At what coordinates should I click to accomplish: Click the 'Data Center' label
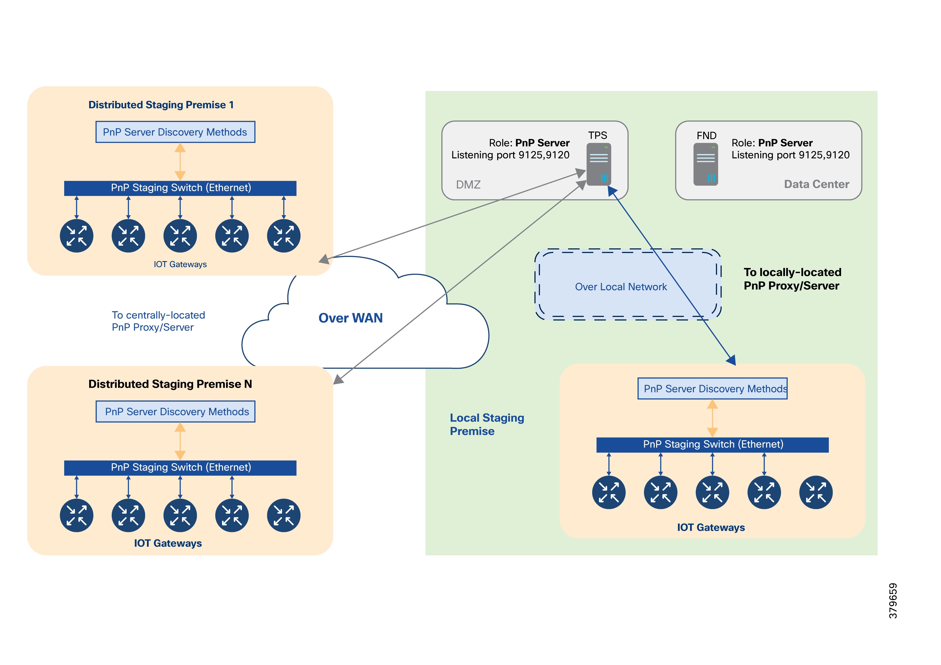pyautogui.click(x=816, y=184)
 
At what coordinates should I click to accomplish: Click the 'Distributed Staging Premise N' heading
pyautogui.click(x=170, y=384)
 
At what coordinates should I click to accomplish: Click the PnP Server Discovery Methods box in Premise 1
pyautogui.click(x=175, y=132)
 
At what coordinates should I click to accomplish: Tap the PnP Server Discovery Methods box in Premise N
pyautogui.click(x=175, y=412)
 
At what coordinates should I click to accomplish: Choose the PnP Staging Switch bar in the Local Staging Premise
pyautogui.click(x=712, y=444)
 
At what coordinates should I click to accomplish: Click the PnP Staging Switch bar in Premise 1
pyautogui.click(x=180, y=188)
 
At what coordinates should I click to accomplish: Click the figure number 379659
pyautogui.click(x=893, y=601)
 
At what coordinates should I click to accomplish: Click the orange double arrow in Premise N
pyautogui.click(x=180, y=441)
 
